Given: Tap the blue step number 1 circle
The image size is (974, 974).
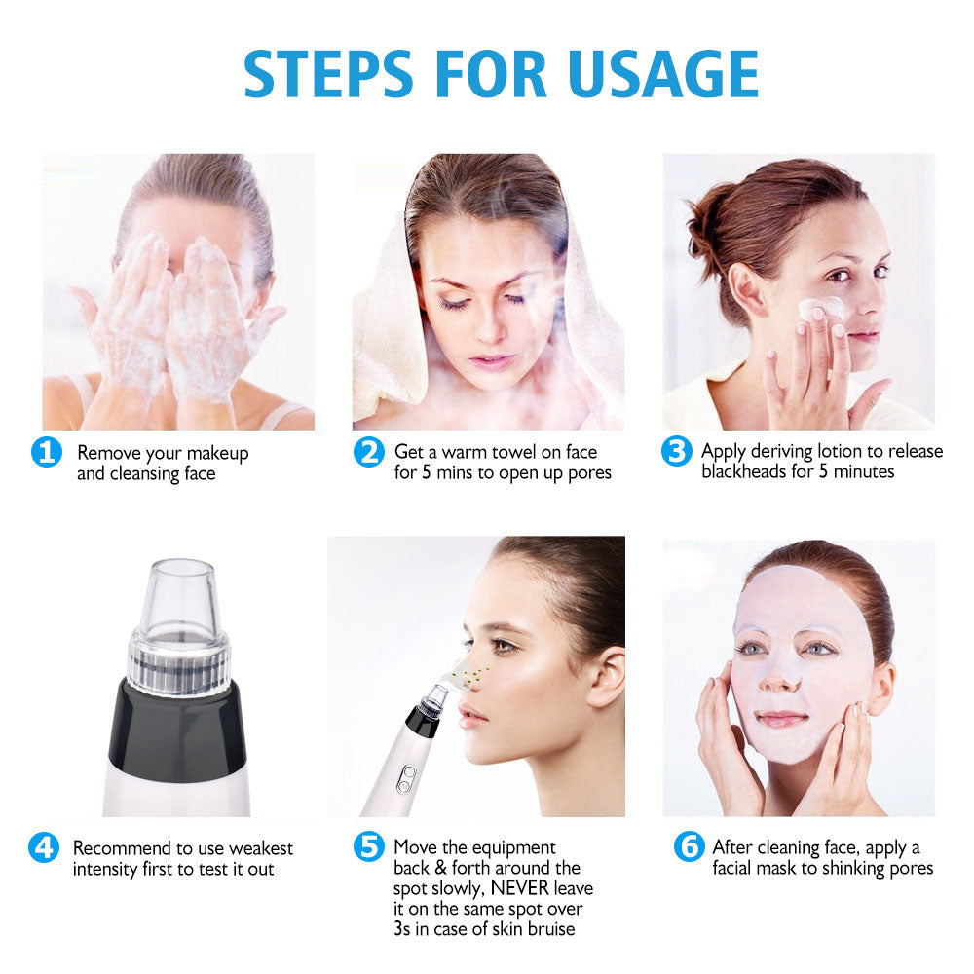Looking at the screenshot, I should pyautogui.click(x=46, y=454).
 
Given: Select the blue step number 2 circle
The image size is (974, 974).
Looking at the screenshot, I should pyautogui.click(x=368, y=453).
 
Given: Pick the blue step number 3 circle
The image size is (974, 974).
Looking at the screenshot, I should pyautogui.click(x=677, y=453).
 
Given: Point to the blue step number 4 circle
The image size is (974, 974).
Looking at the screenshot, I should pyautogui.click(x=44, y=848).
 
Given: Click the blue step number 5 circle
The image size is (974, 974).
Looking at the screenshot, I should pyautogui.click(x=368, y=847).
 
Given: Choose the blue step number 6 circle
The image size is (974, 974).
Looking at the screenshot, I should pyautogui.click(x=689, y=847).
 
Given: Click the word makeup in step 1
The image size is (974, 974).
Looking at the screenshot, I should pyautogui.click(x=217, y=453).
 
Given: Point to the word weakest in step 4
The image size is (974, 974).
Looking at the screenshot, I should pyautogui.click(x=258, y=848).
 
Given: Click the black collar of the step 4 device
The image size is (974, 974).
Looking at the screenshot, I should pyautogui.click(x=178, y=721).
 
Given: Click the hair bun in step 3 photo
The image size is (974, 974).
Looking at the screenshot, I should pyautogui.click(x=709, y=222).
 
